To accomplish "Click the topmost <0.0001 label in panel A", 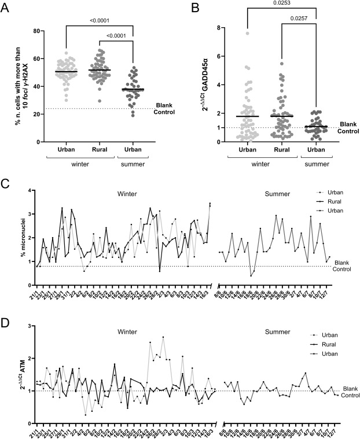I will coord(99,20).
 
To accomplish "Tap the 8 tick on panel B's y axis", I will coord(217,28).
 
